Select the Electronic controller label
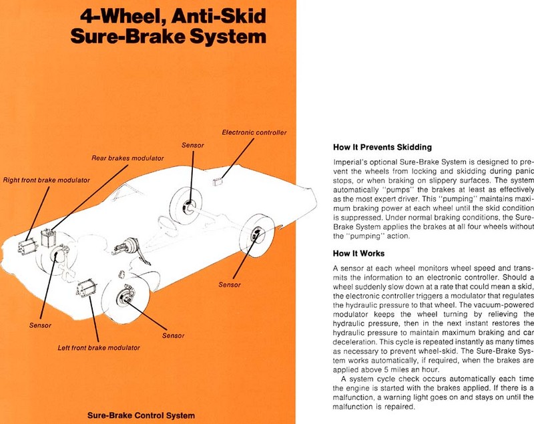coord(254,132)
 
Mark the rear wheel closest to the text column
coord(256,216)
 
